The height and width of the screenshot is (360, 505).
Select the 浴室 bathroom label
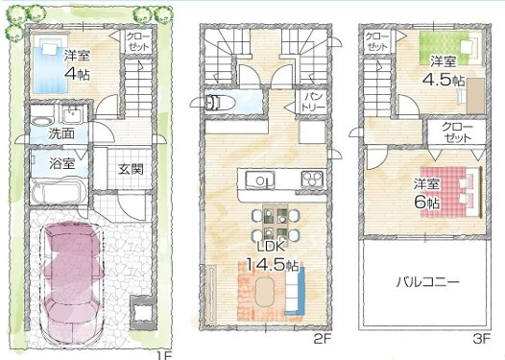[63, 163]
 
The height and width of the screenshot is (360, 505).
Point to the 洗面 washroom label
[63, 132]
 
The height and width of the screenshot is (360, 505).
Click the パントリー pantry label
[313, 102]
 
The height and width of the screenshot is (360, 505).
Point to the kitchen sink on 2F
[257, 180]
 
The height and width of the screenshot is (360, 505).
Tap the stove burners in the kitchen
[313, 179]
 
